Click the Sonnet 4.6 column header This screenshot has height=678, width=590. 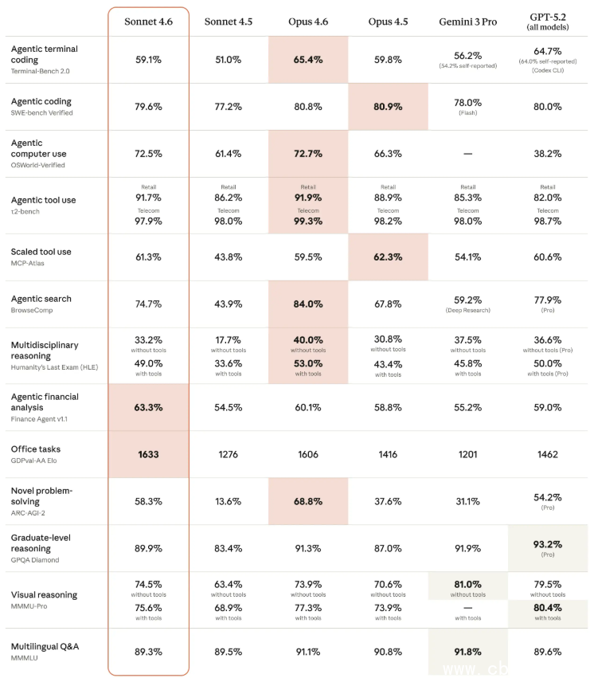click(148, 22)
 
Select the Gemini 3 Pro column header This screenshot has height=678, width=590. click(467, 22)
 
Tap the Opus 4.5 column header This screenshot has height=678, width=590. click(388, 22)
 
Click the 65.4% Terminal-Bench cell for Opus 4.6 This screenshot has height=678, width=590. click(308, 59)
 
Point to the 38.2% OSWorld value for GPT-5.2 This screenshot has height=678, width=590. click(548, 153)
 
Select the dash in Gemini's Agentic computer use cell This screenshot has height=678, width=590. click(467, 153)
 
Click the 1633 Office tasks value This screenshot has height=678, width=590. click(148, 454)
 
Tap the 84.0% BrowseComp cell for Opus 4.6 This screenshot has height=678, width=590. click(308, 304)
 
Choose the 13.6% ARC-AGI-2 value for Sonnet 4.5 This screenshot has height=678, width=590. click(228, 501)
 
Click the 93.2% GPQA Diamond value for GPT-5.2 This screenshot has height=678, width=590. click(548, 544)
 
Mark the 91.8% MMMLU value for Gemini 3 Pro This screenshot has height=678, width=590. click(467, 652)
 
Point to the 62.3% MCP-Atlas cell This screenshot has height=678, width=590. click(388, 257)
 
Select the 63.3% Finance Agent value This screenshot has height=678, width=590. click(148, 407)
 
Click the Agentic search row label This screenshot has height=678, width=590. click(41, 299)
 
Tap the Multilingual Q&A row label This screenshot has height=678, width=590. click(44, 647)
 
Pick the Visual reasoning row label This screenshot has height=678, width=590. click(44, 594)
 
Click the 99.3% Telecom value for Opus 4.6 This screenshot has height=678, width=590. click(308, 221)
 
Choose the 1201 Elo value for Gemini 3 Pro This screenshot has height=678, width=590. click(467, 454)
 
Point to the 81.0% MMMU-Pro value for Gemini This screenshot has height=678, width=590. click(467, 584)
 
